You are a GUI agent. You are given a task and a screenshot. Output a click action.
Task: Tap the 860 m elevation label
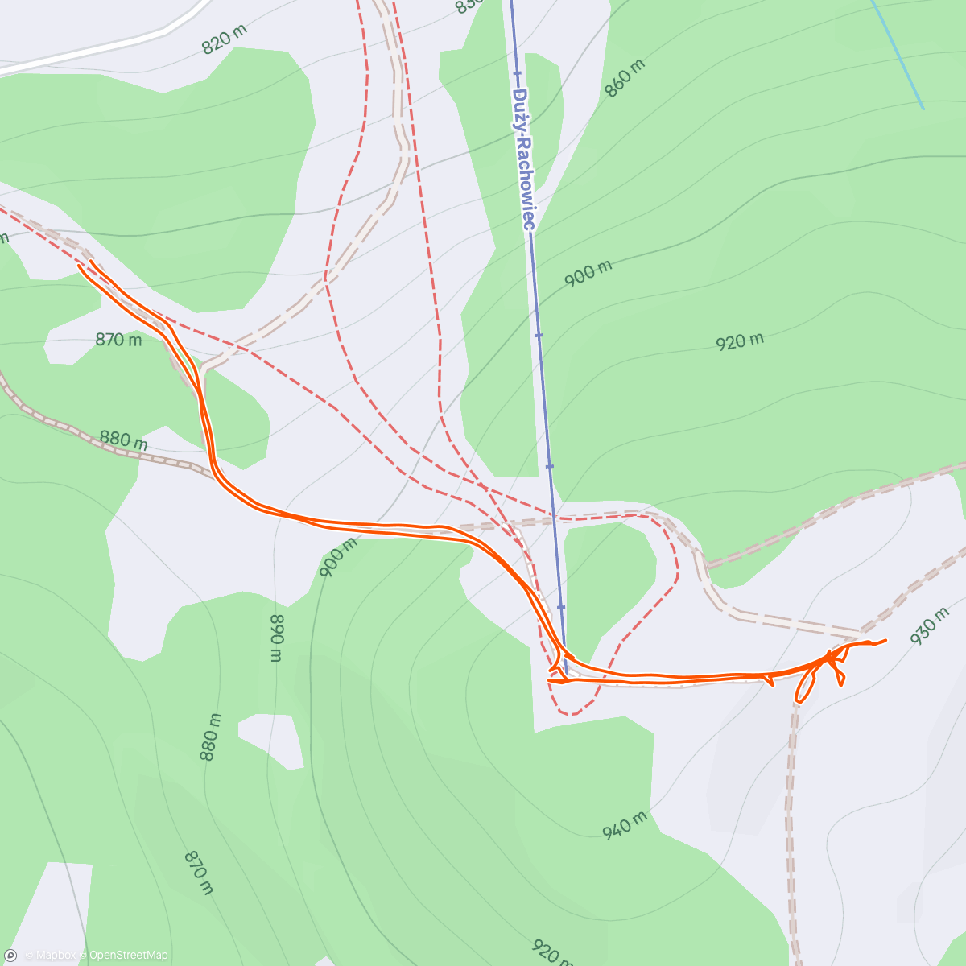click(625, 79)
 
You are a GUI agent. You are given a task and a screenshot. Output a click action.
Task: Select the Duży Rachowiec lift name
click(522, 159)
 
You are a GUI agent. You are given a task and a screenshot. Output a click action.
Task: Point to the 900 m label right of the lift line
click(588, 274)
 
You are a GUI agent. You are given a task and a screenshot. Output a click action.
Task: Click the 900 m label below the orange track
click(338, 558)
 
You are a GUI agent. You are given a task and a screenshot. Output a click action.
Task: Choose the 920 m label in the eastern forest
click(740, 341)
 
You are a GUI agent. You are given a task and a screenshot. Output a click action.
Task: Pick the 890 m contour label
click(276, 637)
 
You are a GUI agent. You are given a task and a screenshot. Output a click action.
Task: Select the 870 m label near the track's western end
click(118, 340)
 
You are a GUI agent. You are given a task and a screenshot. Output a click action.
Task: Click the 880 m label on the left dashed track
click(124, 440)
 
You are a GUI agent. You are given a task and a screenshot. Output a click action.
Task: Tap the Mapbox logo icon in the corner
click(11, 955)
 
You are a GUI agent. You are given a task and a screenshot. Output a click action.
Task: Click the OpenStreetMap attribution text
click(129, 956)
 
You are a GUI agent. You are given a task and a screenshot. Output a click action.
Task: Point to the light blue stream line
click(898, 52)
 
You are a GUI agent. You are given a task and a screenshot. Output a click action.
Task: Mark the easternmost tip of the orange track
click(885, 640)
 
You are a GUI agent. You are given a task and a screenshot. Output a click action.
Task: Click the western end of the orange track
click(80, 266)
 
